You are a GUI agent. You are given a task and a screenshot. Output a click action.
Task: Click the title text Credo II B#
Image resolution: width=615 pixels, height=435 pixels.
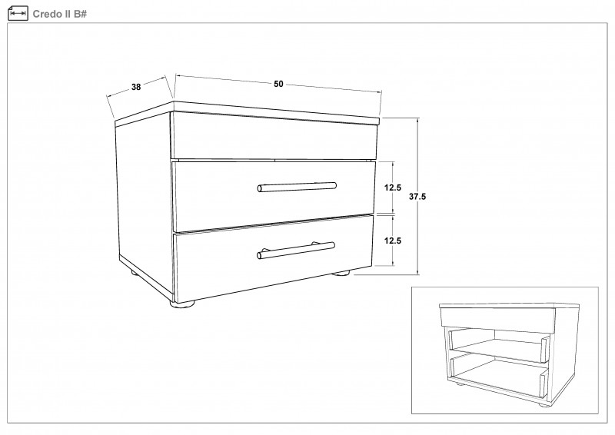point(59,14)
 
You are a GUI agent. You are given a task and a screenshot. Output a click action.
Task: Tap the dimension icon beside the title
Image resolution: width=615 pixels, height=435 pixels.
point(18,13)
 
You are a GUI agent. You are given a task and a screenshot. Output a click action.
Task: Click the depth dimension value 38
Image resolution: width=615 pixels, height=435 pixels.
point(136,87)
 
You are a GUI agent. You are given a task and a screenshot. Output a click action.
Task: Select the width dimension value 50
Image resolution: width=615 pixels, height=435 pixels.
point(278,84)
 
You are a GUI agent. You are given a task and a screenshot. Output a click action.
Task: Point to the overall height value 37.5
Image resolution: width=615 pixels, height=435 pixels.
point(417,197)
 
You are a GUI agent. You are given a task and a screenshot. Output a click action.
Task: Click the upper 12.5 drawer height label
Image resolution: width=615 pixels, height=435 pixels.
point(393,188)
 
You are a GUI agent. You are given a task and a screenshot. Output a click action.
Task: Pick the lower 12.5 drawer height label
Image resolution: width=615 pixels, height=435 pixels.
point(393,241)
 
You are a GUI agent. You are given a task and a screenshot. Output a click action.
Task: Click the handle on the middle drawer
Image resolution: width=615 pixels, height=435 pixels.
point(297,187)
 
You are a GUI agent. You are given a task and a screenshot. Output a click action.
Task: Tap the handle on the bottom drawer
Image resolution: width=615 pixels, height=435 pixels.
point(296,251)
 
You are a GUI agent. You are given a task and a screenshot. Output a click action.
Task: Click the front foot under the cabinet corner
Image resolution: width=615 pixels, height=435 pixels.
point(182,303)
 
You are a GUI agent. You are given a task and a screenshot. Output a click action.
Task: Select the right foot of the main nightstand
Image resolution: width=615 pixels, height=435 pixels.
point(341,273)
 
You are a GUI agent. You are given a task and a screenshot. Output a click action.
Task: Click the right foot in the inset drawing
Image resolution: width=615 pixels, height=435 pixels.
point(544,404)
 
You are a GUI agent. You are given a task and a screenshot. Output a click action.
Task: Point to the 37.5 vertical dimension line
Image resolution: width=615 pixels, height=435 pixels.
point(418,196)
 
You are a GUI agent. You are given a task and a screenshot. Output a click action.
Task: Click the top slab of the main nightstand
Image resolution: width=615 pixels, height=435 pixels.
point(247,114)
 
